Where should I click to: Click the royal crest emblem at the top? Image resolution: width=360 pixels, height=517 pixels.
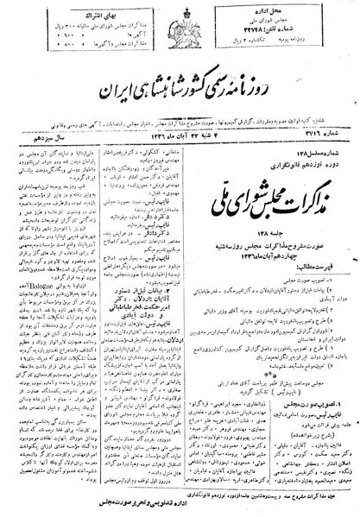[179, 19]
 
